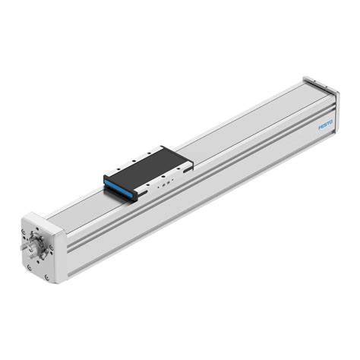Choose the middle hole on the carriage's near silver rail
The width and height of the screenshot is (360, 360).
coord(162,182)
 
